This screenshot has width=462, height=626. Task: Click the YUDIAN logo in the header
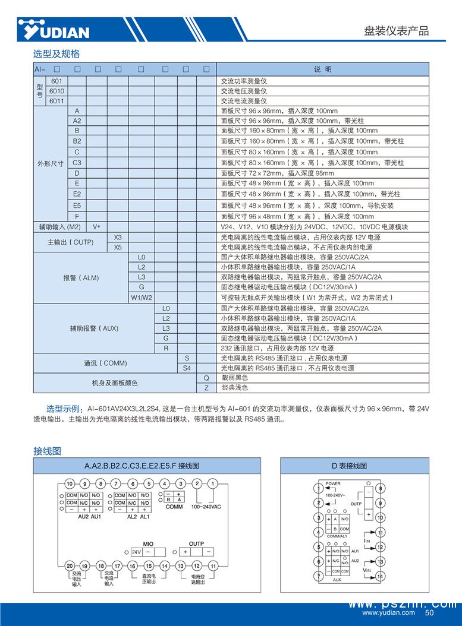[x=54, y=29]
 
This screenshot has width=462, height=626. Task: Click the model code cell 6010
[x=58, y=91]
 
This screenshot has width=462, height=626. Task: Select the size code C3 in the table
[x=77, y=162]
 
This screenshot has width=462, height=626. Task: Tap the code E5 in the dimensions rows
[x=77, y=205]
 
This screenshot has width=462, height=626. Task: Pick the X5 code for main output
[x=118, y=246]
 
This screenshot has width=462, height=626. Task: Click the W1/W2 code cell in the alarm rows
[x=142, y=297]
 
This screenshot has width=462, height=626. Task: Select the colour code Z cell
[x=206, y=387]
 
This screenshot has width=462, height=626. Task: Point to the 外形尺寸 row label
[x=51, y=163]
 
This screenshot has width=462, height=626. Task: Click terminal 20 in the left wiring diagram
[x=70, y=566]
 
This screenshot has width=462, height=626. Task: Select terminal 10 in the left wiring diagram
[x=70, y=483]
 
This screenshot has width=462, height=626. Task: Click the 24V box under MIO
[x=136, y=552]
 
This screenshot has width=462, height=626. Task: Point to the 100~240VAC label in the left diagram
[x=206, y=507]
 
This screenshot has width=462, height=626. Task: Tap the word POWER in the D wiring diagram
[x=333, y=483]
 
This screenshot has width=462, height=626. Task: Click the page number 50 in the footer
[x=429, y=613]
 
